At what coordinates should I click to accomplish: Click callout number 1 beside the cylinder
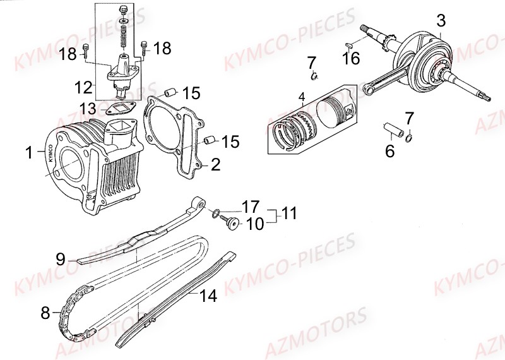click(x=28, y=152)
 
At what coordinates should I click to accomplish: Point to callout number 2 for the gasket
click(x=215, y=165)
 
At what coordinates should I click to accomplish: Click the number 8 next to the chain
click(x=45, y=311)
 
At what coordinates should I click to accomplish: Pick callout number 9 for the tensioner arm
click(x=60, y=258)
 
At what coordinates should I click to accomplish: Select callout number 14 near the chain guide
click(x=207, y=295)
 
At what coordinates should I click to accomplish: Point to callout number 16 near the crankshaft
click(x=351, y=58)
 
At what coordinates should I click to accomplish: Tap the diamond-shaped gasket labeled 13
click(x=119, y=108)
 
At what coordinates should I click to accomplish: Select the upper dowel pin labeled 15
click(x=169, y=93)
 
